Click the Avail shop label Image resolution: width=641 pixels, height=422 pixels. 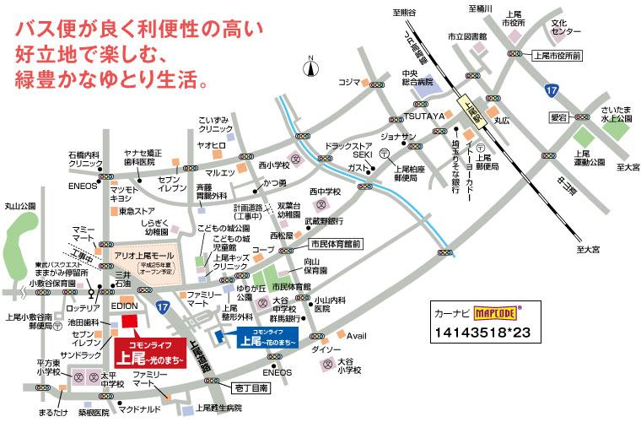click(357, 335)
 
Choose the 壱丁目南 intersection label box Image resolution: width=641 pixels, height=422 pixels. click(250, 387)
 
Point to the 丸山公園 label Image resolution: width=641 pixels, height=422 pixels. click(21, 205)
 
